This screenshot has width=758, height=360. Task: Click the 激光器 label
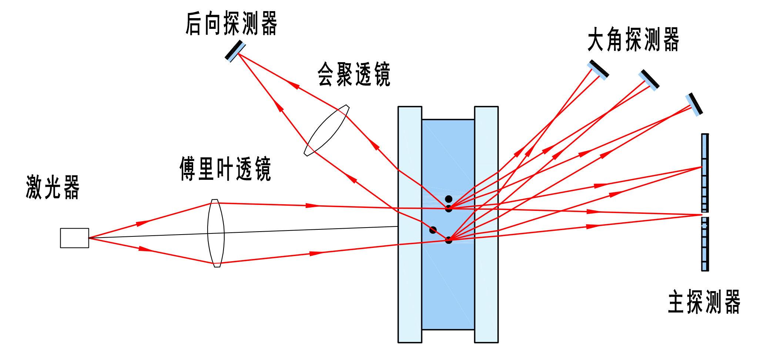click(x=53, y=187)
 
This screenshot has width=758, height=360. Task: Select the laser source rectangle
click(x=74, y=238)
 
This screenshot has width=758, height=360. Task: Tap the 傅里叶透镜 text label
click(x=225, y=169)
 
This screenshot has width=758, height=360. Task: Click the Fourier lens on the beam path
click(x=216, y=233)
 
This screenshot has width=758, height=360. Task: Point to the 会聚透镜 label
click(x=354, y=74)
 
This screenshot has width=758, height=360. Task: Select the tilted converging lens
click(x=326, y=130)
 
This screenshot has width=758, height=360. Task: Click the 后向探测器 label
click(x=231, y=24)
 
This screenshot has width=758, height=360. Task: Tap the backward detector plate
click(x=235, y=51)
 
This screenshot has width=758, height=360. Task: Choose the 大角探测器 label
click(x=633, y=39)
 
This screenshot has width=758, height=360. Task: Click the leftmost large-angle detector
click(x=598, y=70)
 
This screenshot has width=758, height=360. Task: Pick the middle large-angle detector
click(x=649, y=80)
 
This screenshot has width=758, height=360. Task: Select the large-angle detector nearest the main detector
click(x=694, y=104)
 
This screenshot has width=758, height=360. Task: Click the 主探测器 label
click(x=704, y=302)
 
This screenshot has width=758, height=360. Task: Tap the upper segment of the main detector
click(x=705, y=173)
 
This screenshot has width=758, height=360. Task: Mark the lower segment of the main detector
click(x=705, y=244)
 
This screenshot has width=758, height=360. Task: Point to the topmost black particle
click(x=449, y=199)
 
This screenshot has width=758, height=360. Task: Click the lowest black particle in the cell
click(x=449, y=240)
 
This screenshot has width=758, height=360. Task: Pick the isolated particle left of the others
click(x=433, y=230)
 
